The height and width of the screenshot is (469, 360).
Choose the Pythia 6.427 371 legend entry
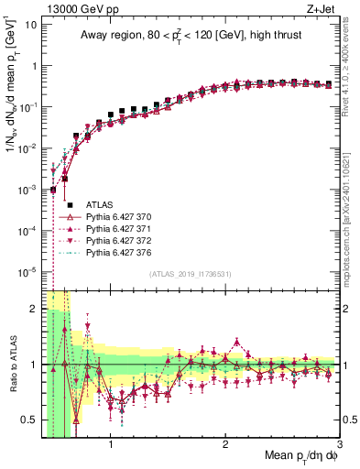coord(117,228)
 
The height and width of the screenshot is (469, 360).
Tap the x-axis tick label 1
coord(111,446)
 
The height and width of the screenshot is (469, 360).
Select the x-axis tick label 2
coord(225,446)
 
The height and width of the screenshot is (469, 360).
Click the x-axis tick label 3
coord(339,446)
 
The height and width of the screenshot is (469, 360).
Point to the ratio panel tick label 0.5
coord(31,420)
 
